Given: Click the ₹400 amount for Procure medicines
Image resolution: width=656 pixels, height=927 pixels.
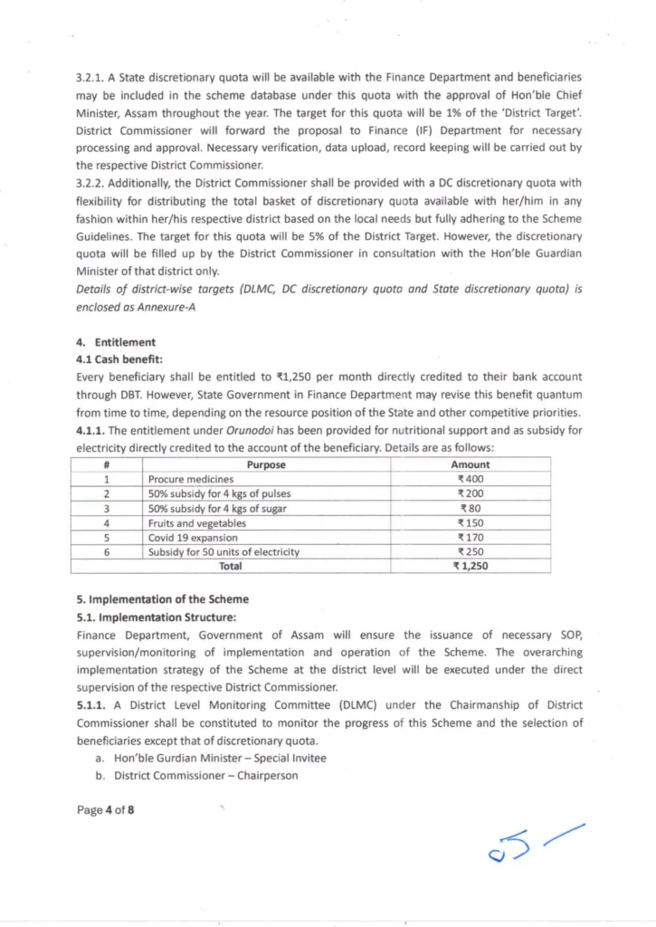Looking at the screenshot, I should click(x=471, y=479).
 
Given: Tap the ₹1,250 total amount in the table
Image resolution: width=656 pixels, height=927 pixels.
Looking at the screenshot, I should click(x=471, y=566).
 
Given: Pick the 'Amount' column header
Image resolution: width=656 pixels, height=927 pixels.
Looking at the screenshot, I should click(x=471, y=464).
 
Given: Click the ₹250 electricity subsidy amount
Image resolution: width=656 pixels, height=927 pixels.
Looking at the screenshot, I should click(x=471, y=551).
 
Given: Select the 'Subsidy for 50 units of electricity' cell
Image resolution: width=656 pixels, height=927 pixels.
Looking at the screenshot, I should click(x=223, y=551).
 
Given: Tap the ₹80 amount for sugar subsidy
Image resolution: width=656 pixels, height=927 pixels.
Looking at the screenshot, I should click(x=471, y=508).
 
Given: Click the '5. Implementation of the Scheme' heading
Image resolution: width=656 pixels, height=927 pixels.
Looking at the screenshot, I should click(x=162, y=599).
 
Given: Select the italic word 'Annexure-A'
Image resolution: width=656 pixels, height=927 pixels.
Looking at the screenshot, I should click(x=176, y=308).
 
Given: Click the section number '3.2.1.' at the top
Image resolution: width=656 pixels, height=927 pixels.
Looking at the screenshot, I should click(x=90, y=79).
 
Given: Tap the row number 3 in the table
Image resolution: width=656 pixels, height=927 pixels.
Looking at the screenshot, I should click(x=107, y=508).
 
